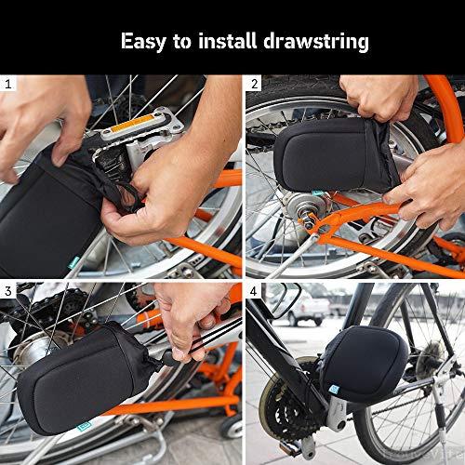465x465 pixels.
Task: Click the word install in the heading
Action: (228, 41)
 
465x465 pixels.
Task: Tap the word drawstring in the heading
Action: (316, 42)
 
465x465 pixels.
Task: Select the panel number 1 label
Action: (8, 84)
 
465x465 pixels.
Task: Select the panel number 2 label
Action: (254, 84)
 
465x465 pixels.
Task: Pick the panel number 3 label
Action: (8, 291)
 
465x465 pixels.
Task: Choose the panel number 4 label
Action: (254, 291)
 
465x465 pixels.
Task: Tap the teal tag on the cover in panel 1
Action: (74, 262)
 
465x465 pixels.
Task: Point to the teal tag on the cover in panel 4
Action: (334, 389)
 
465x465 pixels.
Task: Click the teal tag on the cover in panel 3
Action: (84, 427)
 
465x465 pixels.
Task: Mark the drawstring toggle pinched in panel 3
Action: (169, 357)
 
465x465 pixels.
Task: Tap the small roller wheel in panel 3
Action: (232, 426)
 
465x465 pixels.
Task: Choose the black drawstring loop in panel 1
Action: (128, 197)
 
